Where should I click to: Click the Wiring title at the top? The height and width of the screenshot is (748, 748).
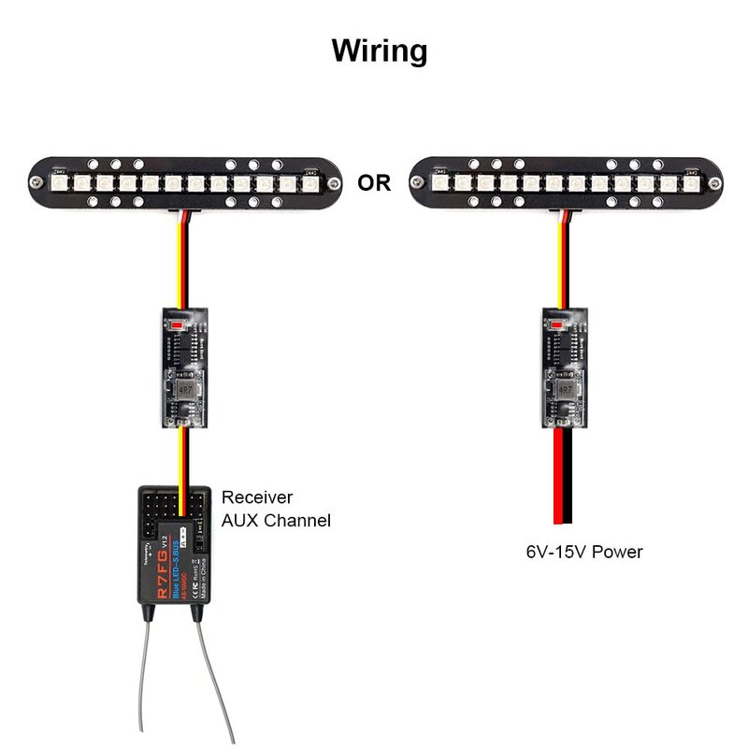[x=379, y=50]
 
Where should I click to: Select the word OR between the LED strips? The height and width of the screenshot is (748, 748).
[x=375, y=182]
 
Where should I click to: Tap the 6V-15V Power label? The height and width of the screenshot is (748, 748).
[x=583, y=552]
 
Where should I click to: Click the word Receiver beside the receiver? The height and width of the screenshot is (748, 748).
[x=257, y=497]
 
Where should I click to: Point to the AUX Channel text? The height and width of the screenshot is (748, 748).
[x=276, y=521]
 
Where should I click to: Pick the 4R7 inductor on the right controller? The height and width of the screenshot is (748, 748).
[x=564, y=387]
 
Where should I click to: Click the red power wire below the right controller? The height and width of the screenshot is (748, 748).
[x=557, y=477]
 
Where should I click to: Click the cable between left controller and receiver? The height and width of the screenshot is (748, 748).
[x=183, y=458]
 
